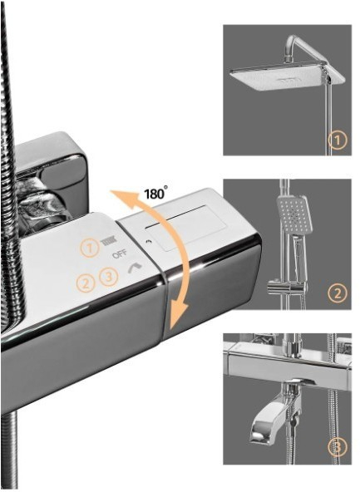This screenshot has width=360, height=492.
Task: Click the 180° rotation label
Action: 155,193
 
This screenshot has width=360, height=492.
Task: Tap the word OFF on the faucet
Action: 120,253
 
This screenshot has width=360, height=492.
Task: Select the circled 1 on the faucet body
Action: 89,248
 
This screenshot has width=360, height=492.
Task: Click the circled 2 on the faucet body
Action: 86,283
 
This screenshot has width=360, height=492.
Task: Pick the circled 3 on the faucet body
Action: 109,277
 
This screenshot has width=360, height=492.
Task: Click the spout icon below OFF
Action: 135,268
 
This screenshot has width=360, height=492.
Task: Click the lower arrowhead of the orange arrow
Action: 177,316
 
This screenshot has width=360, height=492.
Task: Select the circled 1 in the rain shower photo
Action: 338,140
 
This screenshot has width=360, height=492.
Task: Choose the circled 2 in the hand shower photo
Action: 338,293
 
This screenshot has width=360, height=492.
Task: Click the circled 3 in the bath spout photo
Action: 338,447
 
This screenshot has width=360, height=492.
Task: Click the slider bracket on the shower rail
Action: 285,286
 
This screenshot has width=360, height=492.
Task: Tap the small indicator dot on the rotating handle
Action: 149,242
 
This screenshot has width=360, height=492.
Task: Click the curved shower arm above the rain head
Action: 301,47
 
